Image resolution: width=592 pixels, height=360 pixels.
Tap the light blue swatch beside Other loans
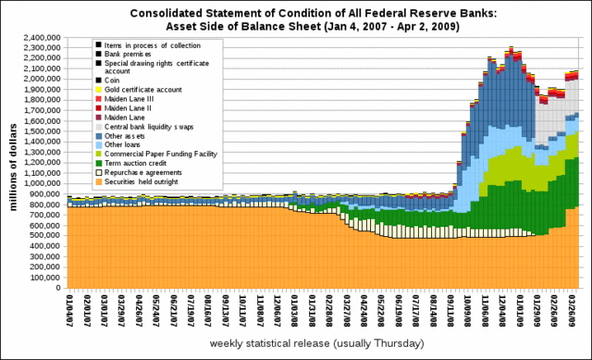click(x=98, y=143)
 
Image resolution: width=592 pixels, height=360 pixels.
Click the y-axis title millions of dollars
click(x=15, y=163)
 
